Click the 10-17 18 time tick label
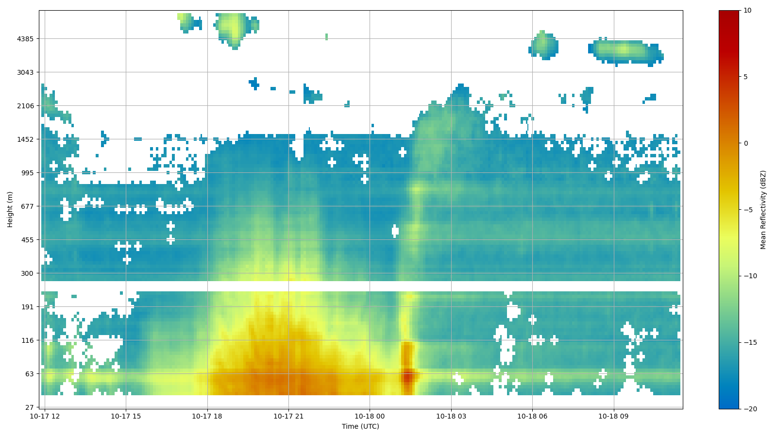coord(207,416)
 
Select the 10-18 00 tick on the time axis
coord(370,416)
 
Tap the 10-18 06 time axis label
coord(532,416)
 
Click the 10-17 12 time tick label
coord(45,416)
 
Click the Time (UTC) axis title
coord(360,426)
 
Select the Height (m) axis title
coord(10,209)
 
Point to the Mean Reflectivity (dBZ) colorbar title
coord(763,210)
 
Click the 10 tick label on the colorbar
coord(747,10)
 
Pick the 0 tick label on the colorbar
coord(745,143)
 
